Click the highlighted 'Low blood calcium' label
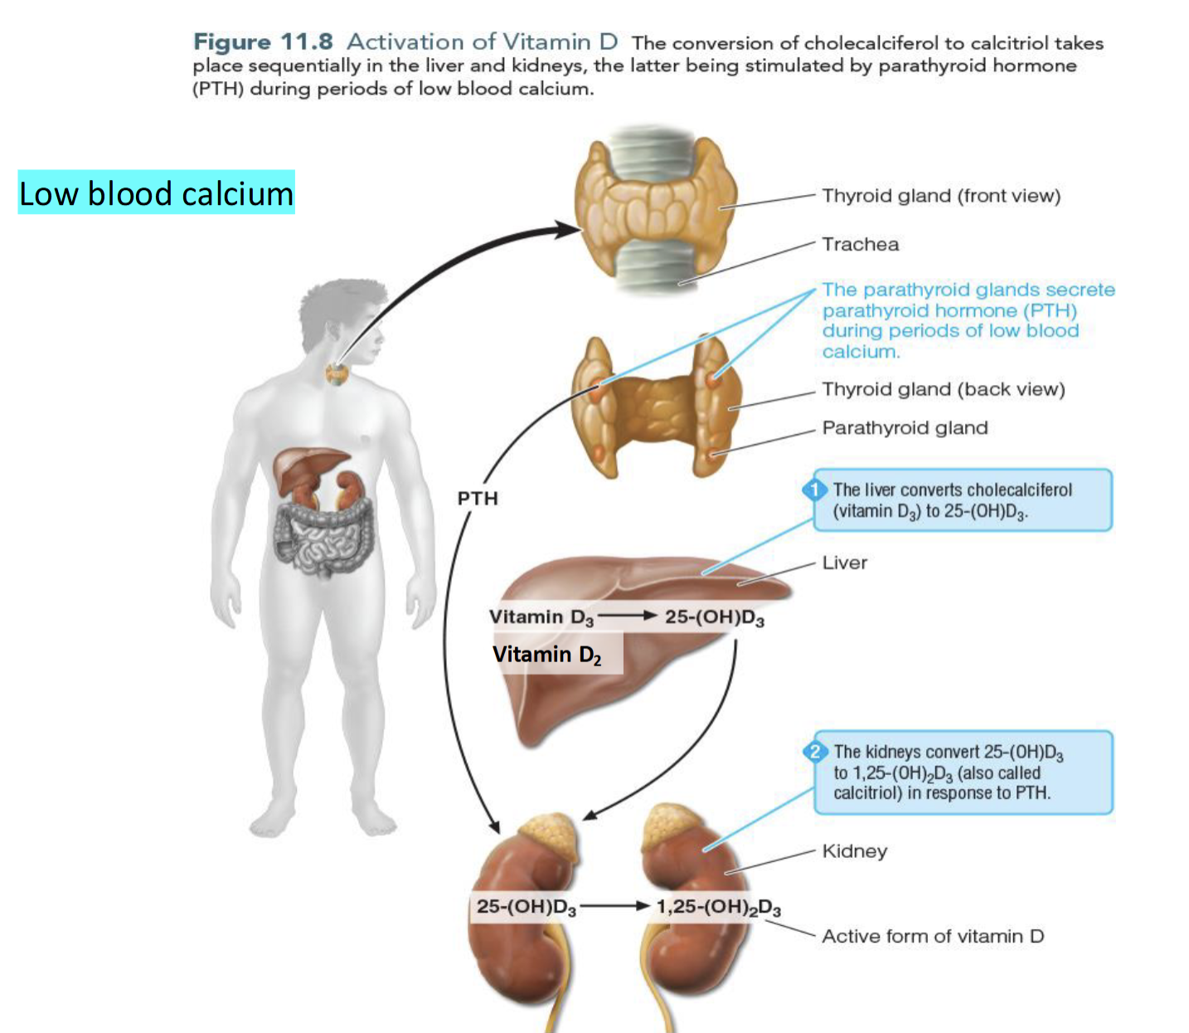156,193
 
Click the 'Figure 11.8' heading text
263,41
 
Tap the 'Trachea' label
860,244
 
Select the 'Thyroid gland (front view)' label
941,196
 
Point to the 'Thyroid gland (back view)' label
943,389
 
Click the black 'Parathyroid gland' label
905,428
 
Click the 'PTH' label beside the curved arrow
478,498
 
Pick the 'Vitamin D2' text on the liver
546,655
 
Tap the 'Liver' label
844,563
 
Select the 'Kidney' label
854,851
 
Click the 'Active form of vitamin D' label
933,936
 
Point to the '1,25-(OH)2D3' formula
718,907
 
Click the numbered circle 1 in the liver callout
816,490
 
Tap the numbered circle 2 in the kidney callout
816,752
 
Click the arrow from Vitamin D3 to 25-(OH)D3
628,616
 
